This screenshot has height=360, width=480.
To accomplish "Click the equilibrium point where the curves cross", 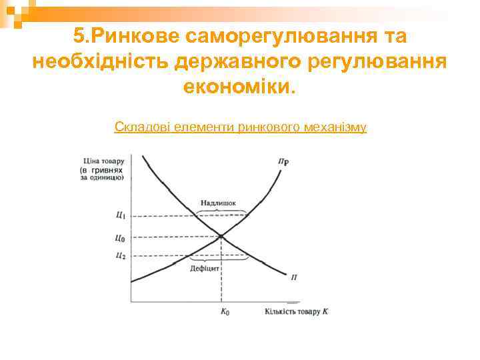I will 221,236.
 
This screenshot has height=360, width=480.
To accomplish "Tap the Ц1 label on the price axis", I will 120,215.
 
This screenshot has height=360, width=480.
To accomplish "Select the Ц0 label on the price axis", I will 120,237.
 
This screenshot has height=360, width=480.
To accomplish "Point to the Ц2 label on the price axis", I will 120,255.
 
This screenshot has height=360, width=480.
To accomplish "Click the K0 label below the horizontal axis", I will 225,312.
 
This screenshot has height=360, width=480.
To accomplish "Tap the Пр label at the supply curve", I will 283,161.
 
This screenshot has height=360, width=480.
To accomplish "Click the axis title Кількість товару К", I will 297,311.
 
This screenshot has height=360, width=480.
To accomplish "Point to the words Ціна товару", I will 104,160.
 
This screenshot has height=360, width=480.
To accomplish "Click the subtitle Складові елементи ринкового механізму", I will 240,126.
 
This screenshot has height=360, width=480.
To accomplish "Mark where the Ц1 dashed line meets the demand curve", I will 197,215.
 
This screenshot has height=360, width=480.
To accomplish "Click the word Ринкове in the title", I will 136,35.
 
